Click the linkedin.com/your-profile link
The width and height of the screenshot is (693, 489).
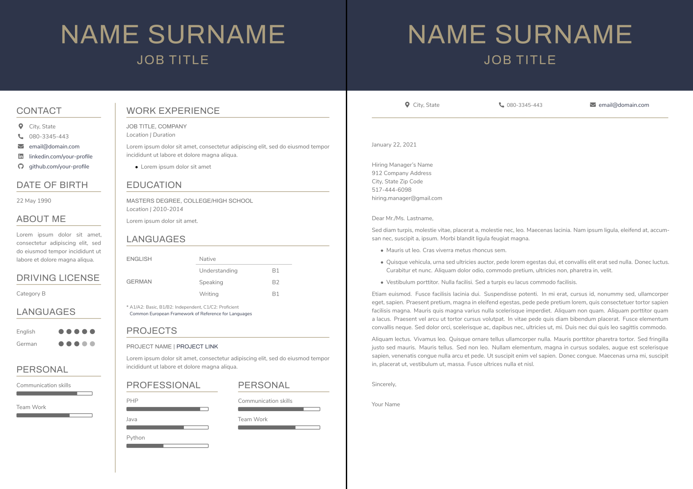tap(61, 157)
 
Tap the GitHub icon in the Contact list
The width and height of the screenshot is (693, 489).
tap(21, 167)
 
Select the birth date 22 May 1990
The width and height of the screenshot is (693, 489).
tap(34, 201)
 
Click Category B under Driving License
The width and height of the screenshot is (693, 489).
tap(31, 294)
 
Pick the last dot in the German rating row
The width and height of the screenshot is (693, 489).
tap(93, 344)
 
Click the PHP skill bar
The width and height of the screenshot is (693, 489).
tap(167, 409)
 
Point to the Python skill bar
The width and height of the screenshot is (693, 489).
tap(167, 446)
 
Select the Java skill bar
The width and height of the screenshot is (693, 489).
tap(167, 427)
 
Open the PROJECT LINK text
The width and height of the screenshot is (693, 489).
tap(197, 347)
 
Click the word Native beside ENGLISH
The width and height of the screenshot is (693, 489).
tap(208, 259)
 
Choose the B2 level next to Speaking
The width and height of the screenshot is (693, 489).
tap(276, 283)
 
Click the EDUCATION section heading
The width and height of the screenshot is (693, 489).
tap(154, 185)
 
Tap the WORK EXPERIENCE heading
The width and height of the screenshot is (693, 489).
tap(173, 111)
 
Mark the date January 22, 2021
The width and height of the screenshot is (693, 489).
tap(394, 145)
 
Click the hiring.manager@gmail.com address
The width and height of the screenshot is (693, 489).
tap(407, 198)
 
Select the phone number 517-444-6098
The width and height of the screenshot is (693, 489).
tap(392, 190)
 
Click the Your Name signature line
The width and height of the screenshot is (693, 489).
tap(386, 404)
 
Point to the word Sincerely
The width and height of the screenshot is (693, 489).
tap(384, 384)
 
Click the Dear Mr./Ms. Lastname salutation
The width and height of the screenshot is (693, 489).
tap(402, 219)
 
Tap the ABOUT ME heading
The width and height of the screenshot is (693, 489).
tap(41, 219)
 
